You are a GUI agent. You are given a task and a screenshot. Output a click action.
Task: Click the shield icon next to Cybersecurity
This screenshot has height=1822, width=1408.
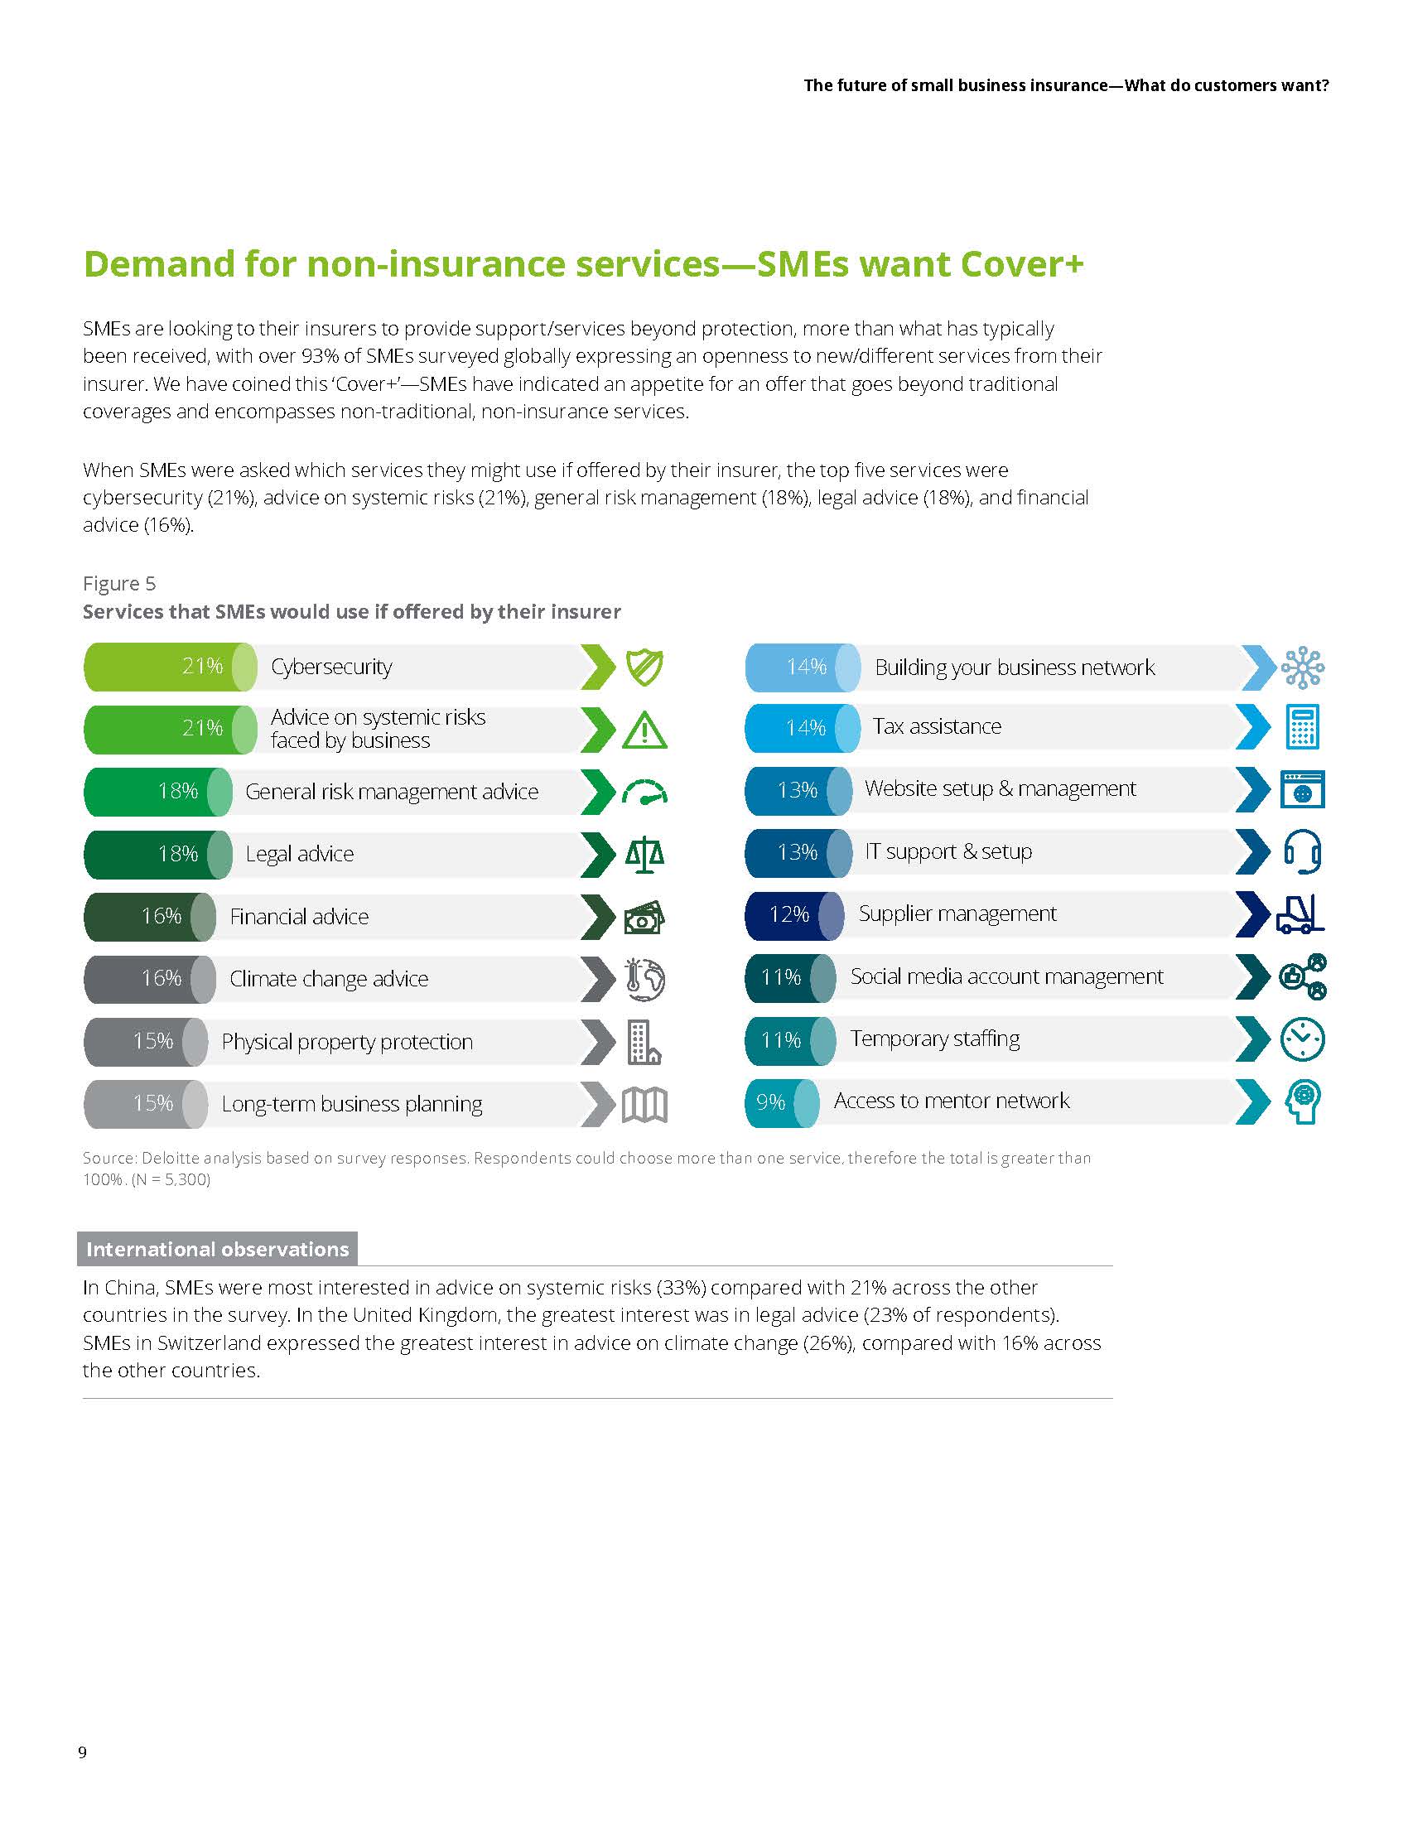pyautogui.click(x=644, y=668)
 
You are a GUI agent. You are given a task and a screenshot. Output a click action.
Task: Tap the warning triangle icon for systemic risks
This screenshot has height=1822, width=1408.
pyautogui.click(x=644, y=730)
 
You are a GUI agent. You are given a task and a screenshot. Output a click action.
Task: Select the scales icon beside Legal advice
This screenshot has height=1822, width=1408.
pyautogui.click(x=644, y=855)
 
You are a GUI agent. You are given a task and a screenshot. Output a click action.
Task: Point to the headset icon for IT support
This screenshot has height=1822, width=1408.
pyautogui.click(x=1302, y=851)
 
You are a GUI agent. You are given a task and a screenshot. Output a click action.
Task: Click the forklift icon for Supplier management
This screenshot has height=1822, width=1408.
pyautogui.click(x=1300, y=914)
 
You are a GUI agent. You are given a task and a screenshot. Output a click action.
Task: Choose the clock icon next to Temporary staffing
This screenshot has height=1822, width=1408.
pyautogui.click(x=1302, y=1039)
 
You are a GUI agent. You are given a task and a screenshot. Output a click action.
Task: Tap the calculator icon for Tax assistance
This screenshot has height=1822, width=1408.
pyautogui.click(x=1302, y=726)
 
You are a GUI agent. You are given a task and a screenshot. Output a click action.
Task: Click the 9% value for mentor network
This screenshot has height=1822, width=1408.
pyautogui.click(x=771, y=1102)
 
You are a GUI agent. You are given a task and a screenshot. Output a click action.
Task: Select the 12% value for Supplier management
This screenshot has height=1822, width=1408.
pyautogui.click(x=789, y=914)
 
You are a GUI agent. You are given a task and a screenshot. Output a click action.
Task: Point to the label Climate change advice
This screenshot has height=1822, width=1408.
pyautogui.click(x=329, y=979)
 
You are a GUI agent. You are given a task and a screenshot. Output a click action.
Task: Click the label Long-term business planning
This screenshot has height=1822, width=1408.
pyautogui.click(x=351, y=1104)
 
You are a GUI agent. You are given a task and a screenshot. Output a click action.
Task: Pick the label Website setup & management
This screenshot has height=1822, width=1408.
pyautogui.click(x=1001, y=788)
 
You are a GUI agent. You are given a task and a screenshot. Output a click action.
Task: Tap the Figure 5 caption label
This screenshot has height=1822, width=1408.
pyautogui.click(x=119, y=583)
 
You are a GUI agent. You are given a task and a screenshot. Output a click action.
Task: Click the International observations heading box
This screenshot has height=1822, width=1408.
pyautogui.click(x=217, y=1249)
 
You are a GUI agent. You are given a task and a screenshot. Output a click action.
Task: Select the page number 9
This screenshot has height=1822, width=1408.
pyautogui.click(x=82, y=1752)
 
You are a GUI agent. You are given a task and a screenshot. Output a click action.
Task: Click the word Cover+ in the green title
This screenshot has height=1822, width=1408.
pyautogui.click(x=1022, y=263)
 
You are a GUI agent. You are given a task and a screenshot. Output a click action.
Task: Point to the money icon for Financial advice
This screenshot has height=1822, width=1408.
pyautogui.click(x=644, y=917)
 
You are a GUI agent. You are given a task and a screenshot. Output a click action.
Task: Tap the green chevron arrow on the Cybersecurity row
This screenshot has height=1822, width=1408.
pyautogui.click(x=597, y=668)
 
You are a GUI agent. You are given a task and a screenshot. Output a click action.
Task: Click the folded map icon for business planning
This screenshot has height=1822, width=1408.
pyautogui.click(x=644, y=1106)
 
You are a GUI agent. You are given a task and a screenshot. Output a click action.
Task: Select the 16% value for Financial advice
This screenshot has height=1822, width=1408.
pyautogui.click(x=161, y=916)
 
